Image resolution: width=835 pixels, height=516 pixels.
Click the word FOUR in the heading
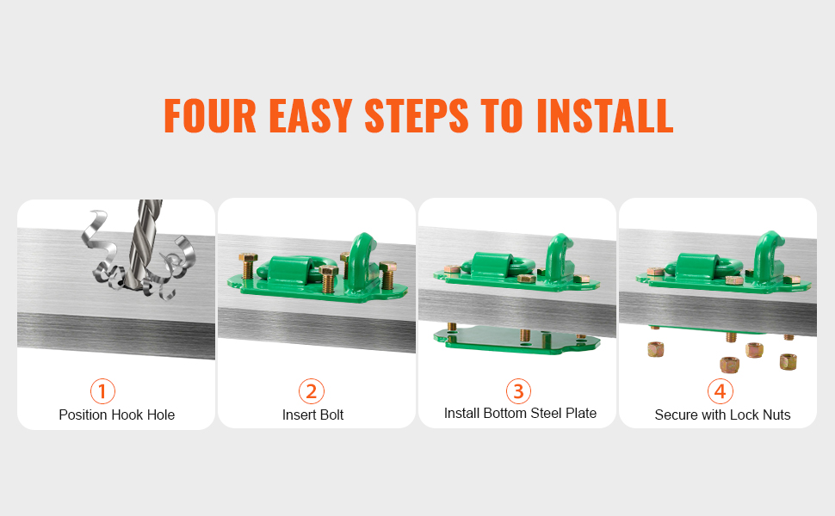click(210, 115)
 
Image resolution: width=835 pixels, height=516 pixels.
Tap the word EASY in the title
click(311, 115)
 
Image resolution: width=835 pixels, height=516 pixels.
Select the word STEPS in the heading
click(417, 115)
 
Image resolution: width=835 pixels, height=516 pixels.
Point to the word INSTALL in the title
click(605, 115)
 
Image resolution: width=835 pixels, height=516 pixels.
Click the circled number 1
click(102, 391)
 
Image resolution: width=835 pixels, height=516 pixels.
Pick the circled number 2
click(312, 391)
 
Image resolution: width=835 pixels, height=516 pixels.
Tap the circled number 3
click(519, 391)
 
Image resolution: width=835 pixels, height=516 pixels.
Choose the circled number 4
click(721, 391)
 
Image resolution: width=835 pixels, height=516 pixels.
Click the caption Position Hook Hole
click(116, 415)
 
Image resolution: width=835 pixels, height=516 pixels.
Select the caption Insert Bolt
click(313, 415)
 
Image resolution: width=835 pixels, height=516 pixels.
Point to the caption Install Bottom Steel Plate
click(520, 414)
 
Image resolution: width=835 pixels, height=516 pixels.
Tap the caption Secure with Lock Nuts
click(722, 415)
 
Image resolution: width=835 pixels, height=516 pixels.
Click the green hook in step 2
click(362, 261)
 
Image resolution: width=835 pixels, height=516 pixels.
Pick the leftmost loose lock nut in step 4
click(656, 349)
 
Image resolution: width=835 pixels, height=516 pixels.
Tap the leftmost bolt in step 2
click(248, 266)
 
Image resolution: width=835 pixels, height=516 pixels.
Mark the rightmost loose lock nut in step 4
click(789, 362)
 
